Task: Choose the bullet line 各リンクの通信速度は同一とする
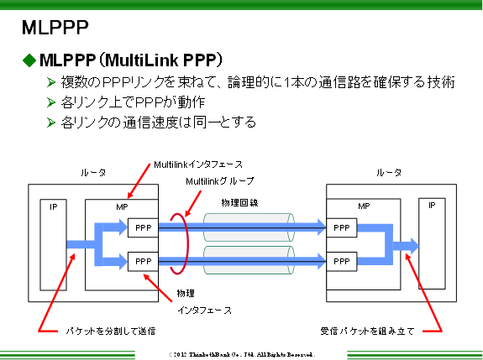(x=159, y=123)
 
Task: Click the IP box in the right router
(x=432, y=243)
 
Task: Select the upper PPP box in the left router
(x=141, y=227)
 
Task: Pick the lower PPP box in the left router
(x=141, y=262)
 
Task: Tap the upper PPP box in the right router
(x=342, y=227)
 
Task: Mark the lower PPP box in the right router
(x=342, y=262)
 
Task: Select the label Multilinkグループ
(x=219, y=180)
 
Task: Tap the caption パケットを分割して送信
(x=111, y=331)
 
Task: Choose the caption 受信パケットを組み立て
(x=368, y=331)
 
